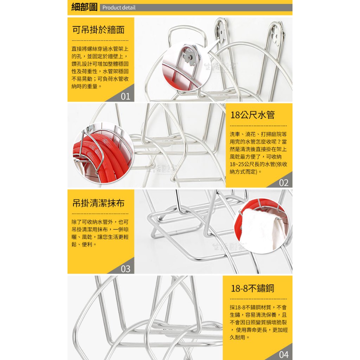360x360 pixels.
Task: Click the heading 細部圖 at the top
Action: pos(84,7)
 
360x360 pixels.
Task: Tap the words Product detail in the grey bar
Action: pos(119,8)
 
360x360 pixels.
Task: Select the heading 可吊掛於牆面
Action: pos(98,30)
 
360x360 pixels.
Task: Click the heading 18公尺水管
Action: pos(252,115)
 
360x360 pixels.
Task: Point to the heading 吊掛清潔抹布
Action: pos(98,203)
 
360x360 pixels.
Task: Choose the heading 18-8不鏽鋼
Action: pos(252,288)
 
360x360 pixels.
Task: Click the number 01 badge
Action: pos(126,96)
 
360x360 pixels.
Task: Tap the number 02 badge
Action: pos(284,183)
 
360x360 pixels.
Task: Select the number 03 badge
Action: pos(126,269)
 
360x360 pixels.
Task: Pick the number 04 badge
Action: pos(284,355)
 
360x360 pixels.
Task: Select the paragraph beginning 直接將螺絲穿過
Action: pos(100,67)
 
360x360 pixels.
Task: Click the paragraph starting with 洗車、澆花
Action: pos(258,153)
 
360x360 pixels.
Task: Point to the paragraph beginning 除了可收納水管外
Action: pos(100,233)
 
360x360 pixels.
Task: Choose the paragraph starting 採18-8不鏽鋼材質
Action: pos(258,322)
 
